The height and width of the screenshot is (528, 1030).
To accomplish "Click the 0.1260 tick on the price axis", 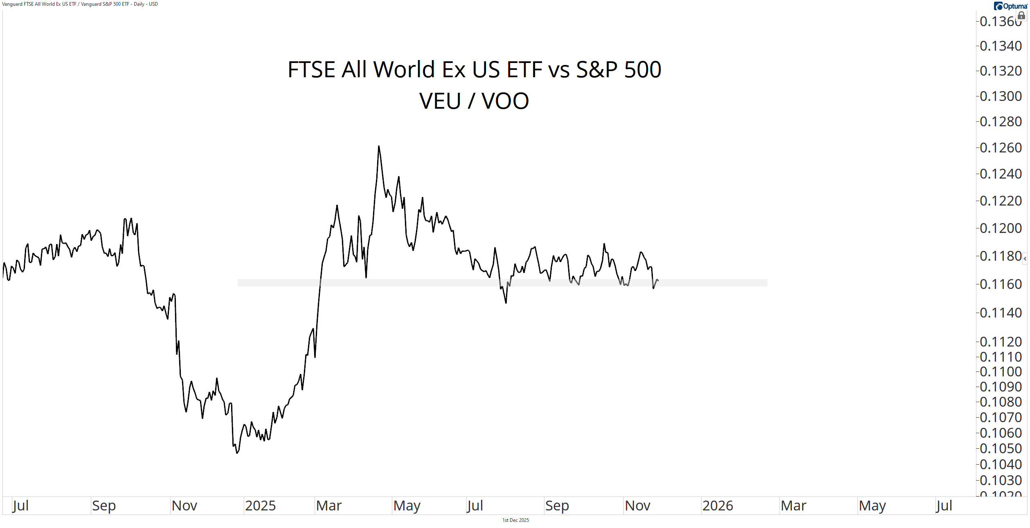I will point(1000,148).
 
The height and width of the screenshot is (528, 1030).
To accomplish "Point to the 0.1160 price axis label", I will point(1000,284).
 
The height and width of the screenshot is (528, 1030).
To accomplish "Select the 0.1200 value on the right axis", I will point(1000,228).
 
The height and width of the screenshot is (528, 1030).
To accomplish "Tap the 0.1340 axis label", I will point(1000,46).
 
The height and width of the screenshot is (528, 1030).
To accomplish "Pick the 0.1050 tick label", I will point(1000,448).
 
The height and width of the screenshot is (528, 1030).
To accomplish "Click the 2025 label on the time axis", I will point(260,506).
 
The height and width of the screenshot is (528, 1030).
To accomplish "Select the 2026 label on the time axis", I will point(717,506).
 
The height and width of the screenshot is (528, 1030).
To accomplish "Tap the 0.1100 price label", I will point(1000,371).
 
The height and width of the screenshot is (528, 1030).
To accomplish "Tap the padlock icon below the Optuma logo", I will point(1021,16).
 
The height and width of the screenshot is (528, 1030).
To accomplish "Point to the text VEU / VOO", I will point(474,101).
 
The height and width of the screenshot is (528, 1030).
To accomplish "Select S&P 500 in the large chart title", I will point(618,69).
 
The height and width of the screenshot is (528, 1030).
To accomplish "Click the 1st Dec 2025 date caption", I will point(515,520).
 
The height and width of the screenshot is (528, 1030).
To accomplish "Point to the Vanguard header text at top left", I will point(80,4).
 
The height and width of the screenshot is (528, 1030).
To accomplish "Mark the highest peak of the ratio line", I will point(379,146).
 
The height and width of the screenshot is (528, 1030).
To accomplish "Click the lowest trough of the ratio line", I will point(237,453).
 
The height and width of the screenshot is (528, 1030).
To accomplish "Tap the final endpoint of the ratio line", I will point(658,280).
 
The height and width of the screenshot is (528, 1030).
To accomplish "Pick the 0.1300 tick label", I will point(1000,96).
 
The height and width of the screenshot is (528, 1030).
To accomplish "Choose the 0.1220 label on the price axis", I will point(1000,201).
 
